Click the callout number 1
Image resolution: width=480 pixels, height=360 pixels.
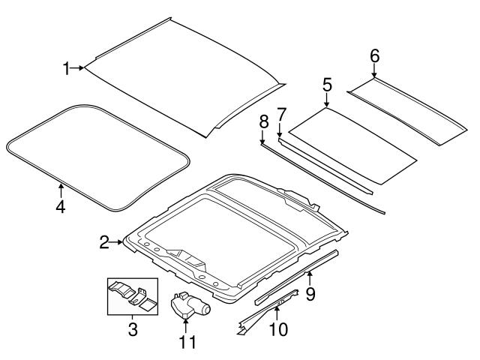click(x=66, y=69)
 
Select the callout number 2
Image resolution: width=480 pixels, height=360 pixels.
click(x=104, y=241)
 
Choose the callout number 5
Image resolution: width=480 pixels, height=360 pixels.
click(x=327, y=85)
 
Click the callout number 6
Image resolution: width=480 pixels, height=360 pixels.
click(x=374, y=55)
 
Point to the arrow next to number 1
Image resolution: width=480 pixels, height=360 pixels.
click(x=78, y=69)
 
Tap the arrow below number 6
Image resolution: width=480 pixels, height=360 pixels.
click(x=374, y=71)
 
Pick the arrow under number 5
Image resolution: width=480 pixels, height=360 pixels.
click(x=327, y=100)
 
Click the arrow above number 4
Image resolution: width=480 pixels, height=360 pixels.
click(x=60, y=187)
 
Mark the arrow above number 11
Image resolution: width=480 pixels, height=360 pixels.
click(x=185, y=325)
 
